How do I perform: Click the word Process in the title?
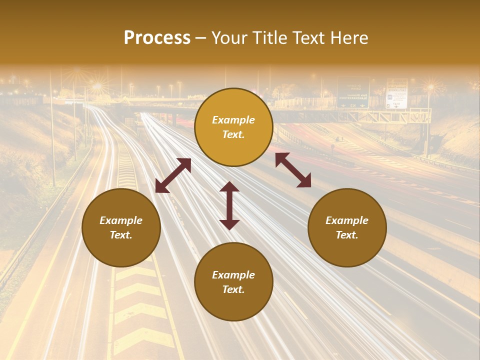click(x=157, y=38)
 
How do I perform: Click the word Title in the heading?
click(x=268, y=38)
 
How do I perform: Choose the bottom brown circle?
click(x=233, y=282)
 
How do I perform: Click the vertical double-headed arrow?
click(x=229, y=205)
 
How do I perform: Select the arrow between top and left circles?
click(x=173, y=175)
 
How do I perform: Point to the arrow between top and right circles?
click(x=293, y=170)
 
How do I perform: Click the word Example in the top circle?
click(x=233, y=120)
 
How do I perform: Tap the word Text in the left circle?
click(x=121, y=235)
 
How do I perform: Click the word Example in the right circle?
click(x=347, y=220)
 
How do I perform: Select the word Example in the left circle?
click(x=121, y=220)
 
